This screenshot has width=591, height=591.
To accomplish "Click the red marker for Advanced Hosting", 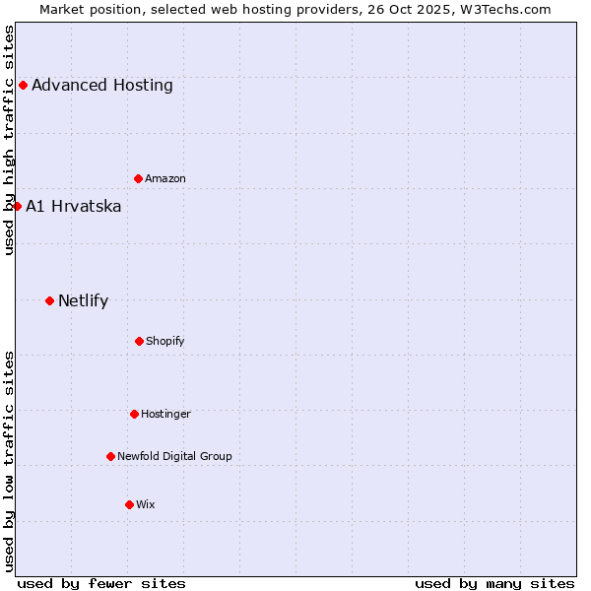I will pyautogui.click(x=23, y=85).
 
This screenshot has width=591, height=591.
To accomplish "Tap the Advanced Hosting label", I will pyautogui.click(x=102, y=85).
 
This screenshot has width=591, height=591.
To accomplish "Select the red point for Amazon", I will pyautogui.click(x=138, y=178).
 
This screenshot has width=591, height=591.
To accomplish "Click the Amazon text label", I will pyautogui.click(x=165, y=178).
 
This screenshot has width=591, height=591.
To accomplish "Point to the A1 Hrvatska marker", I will pyautogui.click(x=17, y=206).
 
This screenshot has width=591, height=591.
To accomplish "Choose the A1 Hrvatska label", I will pyautogui.click(x=74, y=206).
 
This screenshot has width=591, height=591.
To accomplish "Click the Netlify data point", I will pyautogui.click(x=49, y=300).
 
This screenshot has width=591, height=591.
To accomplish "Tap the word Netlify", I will pyautogui.click(x=84, y=300).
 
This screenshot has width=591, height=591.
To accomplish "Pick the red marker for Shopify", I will pyautogui.click(x=139, y=341).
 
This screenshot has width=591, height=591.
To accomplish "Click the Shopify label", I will pyautogui.click(x=165, y=341).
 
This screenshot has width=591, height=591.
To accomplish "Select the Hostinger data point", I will pyautogui.click(x=134, y=414).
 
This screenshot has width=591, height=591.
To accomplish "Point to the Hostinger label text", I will pyautogui.click(x=165, y=414).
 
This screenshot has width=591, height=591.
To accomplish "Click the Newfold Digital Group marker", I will pyautogui.click(x=110, y=456).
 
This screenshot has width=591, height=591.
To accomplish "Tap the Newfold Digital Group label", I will pyautogui.click(x=174, y=456).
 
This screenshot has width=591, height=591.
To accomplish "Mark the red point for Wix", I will pyautogui.click(x=129, y=504).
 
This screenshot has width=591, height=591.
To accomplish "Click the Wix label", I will pyautogui.click(x=146, y=504).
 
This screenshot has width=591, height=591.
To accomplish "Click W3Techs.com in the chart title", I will pyautogui.click(x=509, y=9).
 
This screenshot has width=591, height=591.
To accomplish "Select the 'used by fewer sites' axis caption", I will pyautogui.click(x=101, y=583).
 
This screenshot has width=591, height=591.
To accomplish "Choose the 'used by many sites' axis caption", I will pyautogui.click(x=494, y=583).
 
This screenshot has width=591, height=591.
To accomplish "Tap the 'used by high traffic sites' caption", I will pyautogui.click(x=9, y=140).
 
